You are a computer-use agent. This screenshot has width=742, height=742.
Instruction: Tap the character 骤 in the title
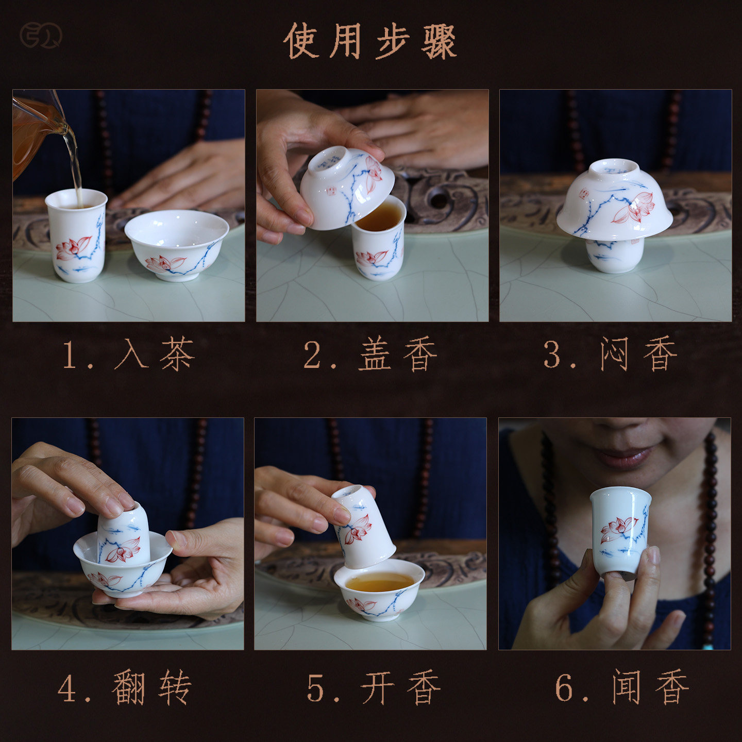tap(439, 42)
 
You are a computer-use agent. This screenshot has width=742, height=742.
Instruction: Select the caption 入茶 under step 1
tap(155, 353)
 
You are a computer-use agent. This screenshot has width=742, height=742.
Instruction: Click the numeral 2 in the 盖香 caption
tap(312, 355)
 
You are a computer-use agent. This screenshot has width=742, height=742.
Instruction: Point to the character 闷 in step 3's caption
tap(615, 354)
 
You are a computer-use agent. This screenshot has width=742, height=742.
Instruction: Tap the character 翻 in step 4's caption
tap(129, 687)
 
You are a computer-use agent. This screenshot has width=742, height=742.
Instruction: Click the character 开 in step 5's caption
tap(377, 688)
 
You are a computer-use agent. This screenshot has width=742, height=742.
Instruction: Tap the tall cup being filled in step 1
tap(77, 235)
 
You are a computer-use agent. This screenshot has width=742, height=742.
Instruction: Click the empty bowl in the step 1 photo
tap(177, 245)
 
